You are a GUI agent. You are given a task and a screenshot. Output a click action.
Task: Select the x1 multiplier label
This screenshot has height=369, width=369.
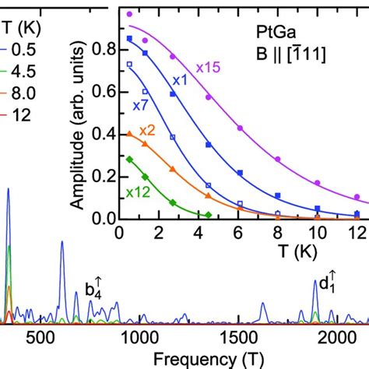(x=181, y=80)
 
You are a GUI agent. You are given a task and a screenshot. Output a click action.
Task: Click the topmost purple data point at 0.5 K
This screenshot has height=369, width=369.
(x=130, y=14)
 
